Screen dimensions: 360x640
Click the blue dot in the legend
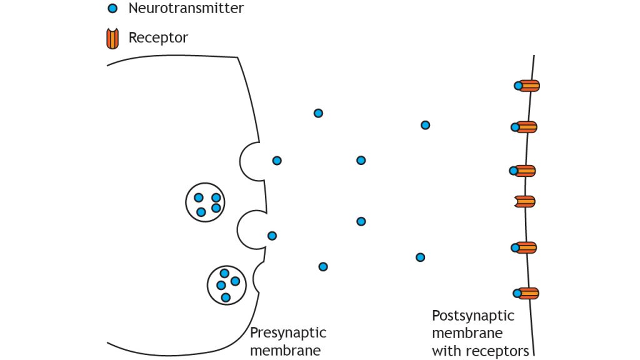coord(112,9)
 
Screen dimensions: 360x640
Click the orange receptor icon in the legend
coord(113,39)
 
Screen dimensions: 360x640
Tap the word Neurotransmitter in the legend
coord(186,9)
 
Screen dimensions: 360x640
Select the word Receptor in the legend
coord(158,37)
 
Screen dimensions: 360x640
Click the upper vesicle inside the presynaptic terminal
coord(205,202)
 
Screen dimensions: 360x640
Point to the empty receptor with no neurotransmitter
coord(526,201)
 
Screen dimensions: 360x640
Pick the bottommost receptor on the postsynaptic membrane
coord(529,292)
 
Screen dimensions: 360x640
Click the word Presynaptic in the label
coord(287,332)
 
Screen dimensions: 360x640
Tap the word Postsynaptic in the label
coord(473,316)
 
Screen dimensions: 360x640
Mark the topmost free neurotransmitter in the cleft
coord(318,113)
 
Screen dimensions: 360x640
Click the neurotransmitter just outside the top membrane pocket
coord(277,161)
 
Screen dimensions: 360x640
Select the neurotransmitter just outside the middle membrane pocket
coord(272,236)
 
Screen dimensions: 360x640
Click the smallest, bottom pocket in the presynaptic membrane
coord(259,277)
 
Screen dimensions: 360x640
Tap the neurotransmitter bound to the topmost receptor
coord(518,86)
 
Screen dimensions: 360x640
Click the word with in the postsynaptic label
coord(444,351)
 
